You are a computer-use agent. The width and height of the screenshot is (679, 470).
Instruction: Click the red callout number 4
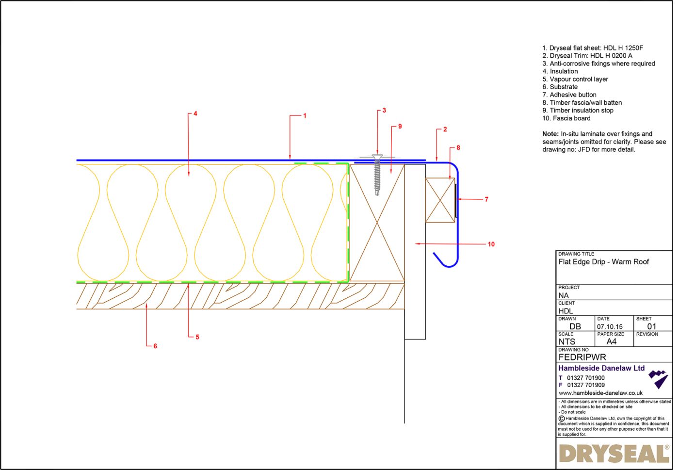[195, 113]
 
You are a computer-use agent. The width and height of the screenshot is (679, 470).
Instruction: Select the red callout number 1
[305, 115]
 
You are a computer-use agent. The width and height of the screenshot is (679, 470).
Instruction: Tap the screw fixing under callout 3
[377, 175]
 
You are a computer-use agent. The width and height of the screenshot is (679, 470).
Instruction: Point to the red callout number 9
[400, 126]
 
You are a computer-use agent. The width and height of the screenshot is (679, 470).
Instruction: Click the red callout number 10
[491, 244]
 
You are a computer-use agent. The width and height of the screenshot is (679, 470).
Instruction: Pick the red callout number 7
[486, 199]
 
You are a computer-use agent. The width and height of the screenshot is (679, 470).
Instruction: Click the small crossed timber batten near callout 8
[440, 200]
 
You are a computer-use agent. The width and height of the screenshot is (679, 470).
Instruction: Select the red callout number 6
[155, 346]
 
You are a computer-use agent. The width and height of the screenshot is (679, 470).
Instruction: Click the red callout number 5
[197, 337]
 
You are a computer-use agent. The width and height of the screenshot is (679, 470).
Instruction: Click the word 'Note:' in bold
[550, 134]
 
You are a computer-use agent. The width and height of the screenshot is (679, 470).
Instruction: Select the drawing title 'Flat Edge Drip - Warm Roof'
[603, 262]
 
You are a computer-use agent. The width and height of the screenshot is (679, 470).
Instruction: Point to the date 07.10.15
[609, 327]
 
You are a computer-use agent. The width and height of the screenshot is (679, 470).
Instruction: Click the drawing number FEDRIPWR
[582, 357]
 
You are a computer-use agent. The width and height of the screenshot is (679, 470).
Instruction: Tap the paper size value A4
[611, 341]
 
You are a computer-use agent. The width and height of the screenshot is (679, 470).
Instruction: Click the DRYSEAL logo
[614, 454]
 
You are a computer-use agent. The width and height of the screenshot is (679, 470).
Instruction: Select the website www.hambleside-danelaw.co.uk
[600, 393]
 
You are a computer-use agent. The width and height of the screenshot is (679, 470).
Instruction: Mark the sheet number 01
[651, 326]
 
